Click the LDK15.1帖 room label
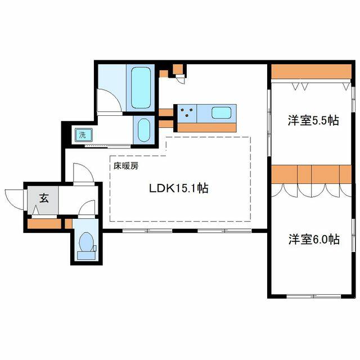179,188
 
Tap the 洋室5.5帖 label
313,120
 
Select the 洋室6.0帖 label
314,239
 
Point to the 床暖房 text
126,166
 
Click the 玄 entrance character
44,198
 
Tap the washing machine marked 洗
84,135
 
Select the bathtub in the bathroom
141,88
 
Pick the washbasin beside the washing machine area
144,130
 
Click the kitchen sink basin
221,112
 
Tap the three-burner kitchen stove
187,114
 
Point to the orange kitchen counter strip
207,128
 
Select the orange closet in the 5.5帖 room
311,71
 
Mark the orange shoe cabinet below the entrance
44,224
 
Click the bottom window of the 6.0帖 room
314,296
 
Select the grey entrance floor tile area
43,200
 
